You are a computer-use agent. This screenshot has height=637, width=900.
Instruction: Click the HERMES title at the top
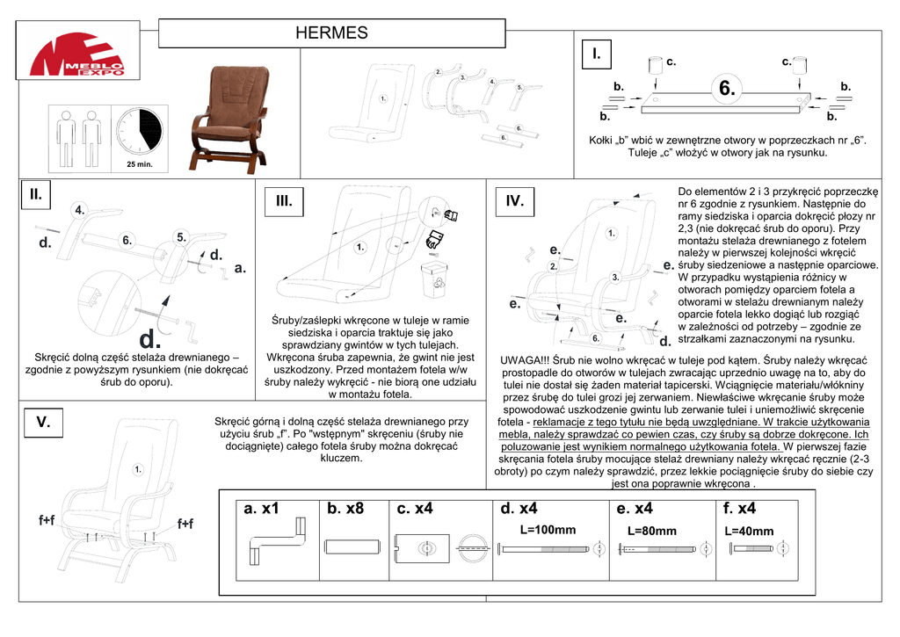[331, 34]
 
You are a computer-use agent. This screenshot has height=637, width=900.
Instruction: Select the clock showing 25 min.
[138, 131]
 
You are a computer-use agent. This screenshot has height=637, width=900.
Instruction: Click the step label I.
[597, 54]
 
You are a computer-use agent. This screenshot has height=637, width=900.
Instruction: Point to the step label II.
[36, 194]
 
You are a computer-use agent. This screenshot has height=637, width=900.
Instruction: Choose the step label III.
[283, 201]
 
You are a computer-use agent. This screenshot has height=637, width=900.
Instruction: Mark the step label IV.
[514, 201]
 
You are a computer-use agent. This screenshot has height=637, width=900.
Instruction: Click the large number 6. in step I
[727, 89]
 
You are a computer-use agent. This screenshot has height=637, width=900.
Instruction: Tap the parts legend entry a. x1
[261, 509]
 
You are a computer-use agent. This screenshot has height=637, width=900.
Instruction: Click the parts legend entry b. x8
[345, 509]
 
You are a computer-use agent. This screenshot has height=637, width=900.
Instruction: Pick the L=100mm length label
[548, 530]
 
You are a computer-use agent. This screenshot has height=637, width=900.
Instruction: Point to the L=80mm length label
[651, 531]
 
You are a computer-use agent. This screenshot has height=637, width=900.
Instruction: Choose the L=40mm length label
[749, 531]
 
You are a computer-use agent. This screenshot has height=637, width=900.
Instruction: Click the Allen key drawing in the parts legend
[278, 541]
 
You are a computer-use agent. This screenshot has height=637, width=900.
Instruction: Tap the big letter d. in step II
[150, 338]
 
